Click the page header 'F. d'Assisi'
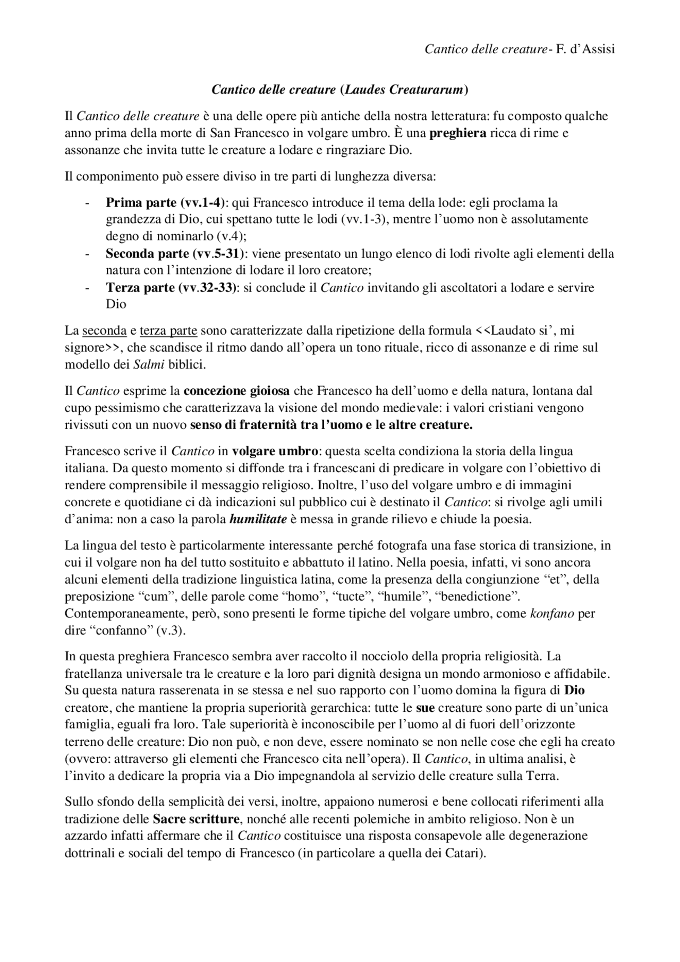tap(585, 49)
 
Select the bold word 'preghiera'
tap(457, 133)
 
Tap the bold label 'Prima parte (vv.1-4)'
tap(165, 202)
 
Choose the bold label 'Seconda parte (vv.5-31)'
tap(174, 253)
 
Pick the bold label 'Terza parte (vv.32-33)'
tap(172, 287)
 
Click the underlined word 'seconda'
tap(104, 330)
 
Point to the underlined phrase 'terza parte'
tap(168, 330)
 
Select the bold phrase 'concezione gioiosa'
tap(236, 391)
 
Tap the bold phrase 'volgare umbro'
tap(275, 452)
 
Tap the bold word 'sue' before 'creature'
tap(425, 708)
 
